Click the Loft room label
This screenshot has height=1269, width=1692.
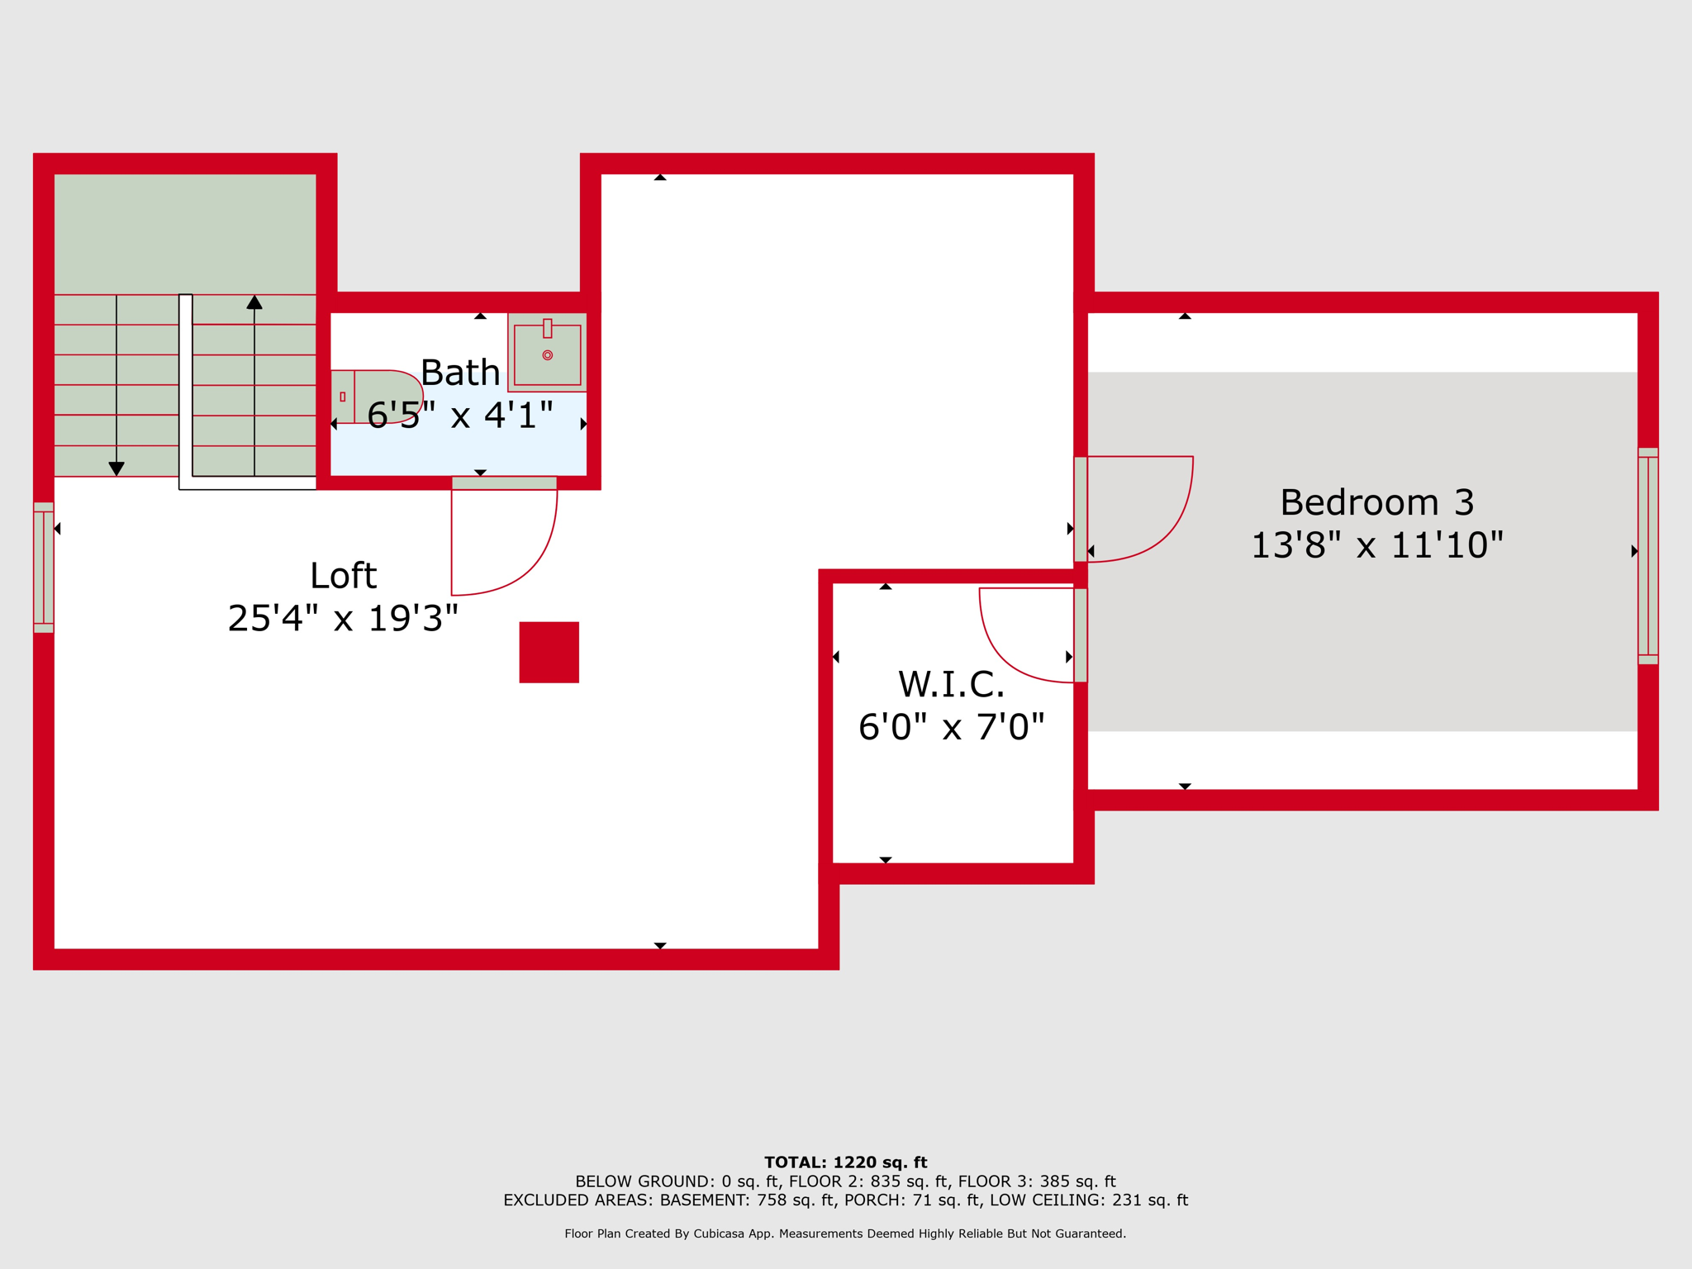(x=343, y=576)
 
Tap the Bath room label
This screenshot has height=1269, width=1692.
(x=460, y=373)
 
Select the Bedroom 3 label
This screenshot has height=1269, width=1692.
(x=1376, y=502)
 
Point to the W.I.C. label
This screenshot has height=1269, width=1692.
(x=951, y=684)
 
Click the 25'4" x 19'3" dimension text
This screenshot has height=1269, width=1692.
(x=343, y=619)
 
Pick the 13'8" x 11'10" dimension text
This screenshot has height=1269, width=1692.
(x=1376, y=545)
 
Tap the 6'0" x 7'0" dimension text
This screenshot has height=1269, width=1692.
(x=951, y=727)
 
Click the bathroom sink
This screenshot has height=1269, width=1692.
(x=547, y=353)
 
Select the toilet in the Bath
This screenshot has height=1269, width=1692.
(x=377, y=397)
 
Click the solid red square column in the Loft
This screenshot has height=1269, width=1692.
(x=549, y=652)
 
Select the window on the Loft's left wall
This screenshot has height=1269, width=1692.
(x=44, y=568)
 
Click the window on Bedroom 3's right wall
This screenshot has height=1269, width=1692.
(x=1647, y=556)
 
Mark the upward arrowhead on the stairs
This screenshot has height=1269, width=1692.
(x=254, y=302)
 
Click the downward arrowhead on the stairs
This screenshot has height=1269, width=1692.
(x=116, y=468)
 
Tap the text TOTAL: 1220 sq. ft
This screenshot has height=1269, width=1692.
(x=845, y=1162)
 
